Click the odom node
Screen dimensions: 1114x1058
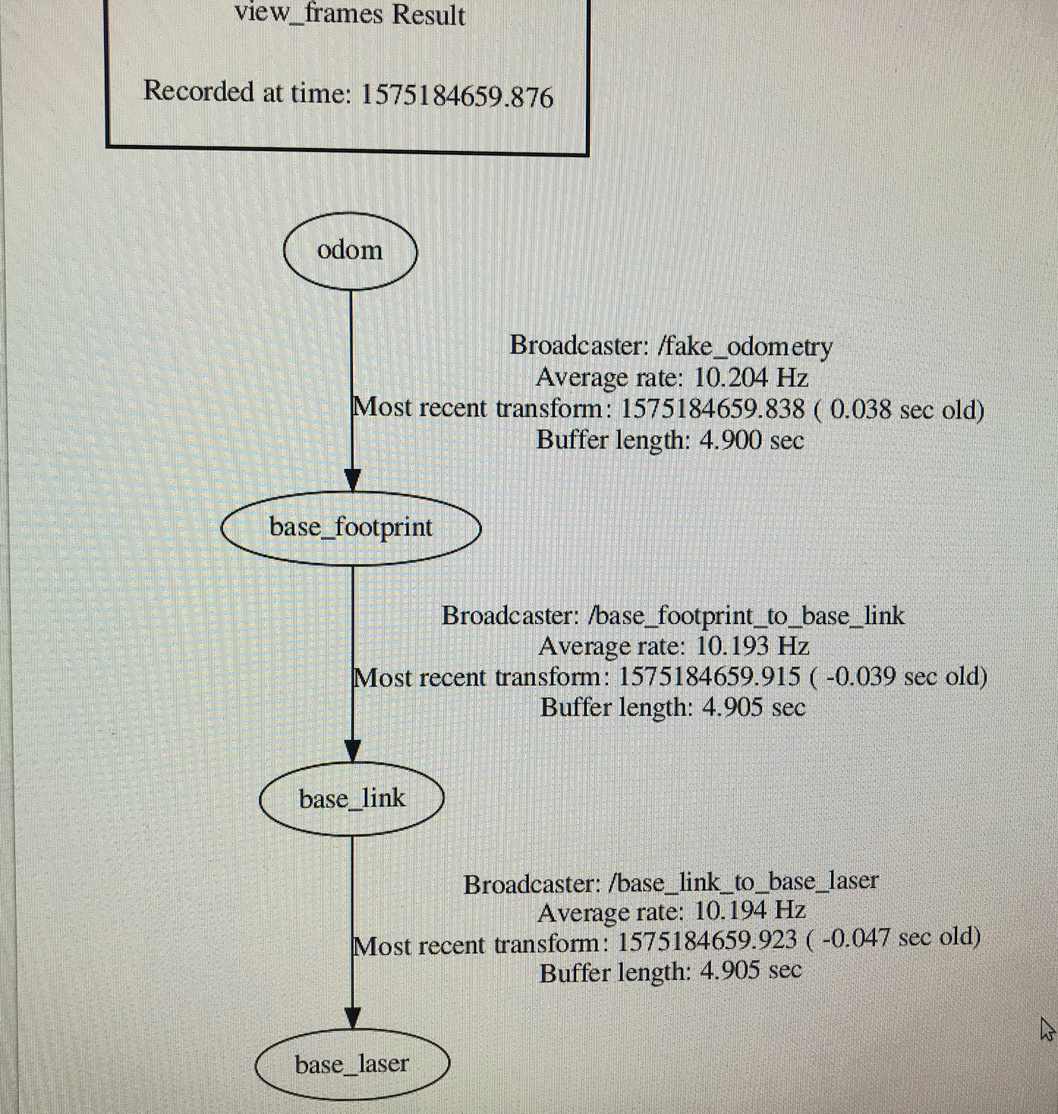click(x=350, y=251)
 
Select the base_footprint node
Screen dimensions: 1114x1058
click(x=351, y=527)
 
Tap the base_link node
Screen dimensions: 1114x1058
click(x=351, y=799)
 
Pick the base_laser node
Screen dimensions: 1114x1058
click(x=351, y=1065)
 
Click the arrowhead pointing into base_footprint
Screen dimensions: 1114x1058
click(x=352, y=481)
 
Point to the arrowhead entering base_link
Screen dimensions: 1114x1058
click(x=352, y=751)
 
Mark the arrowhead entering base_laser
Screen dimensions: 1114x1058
click(x=352, y=1018)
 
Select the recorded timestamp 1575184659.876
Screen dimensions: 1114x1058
click(x=456, y=96)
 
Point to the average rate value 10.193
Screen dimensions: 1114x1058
click(x=733, y=647)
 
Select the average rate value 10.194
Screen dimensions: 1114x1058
click(x=732, y=911)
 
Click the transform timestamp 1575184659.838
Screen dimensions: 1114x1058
click(x=713, y=409)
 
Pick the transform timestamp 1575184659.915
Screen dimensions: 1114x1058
click(x=710, y=676)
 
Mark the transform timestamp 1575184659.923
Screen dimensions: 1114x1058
click(x=707, y=942)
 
